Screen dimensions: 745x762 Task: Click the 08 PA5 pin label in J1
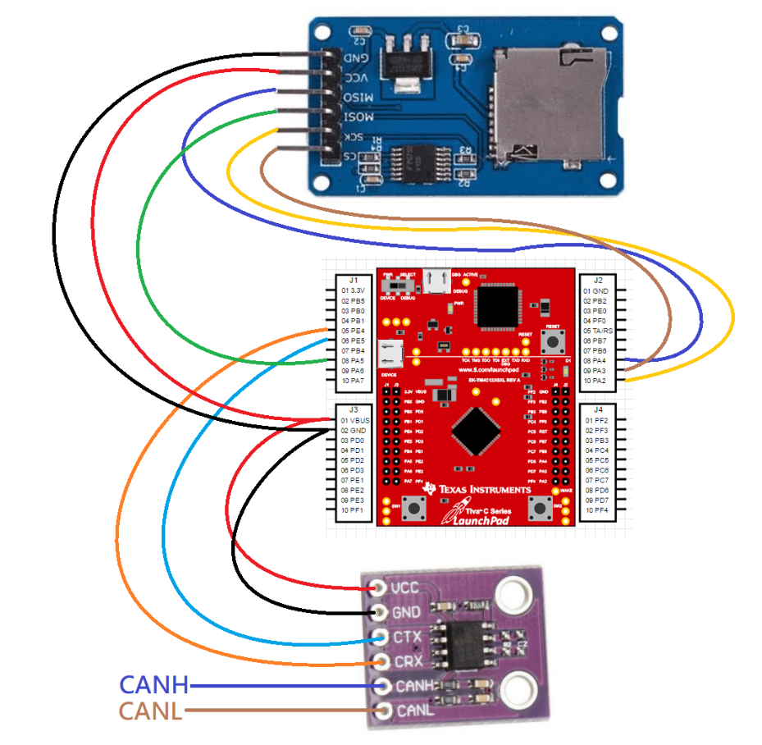pos(354,360)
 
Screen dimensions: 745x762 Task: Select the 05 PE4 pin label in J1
pos(354,331)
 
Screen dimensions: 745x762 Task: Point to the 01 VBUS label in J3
pos(355,420)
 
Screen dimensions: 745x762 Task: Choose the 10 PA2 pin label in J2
pos(596,381)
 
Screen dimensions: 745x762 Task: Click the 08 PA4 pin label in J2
pos(596,360)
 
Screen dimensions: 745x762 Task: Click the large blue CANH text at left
pos(154,685)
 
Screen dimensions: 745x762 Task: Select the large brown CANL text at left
pos(151,711)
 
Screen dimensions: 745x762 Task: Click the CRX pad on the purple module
pos(380,661)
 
